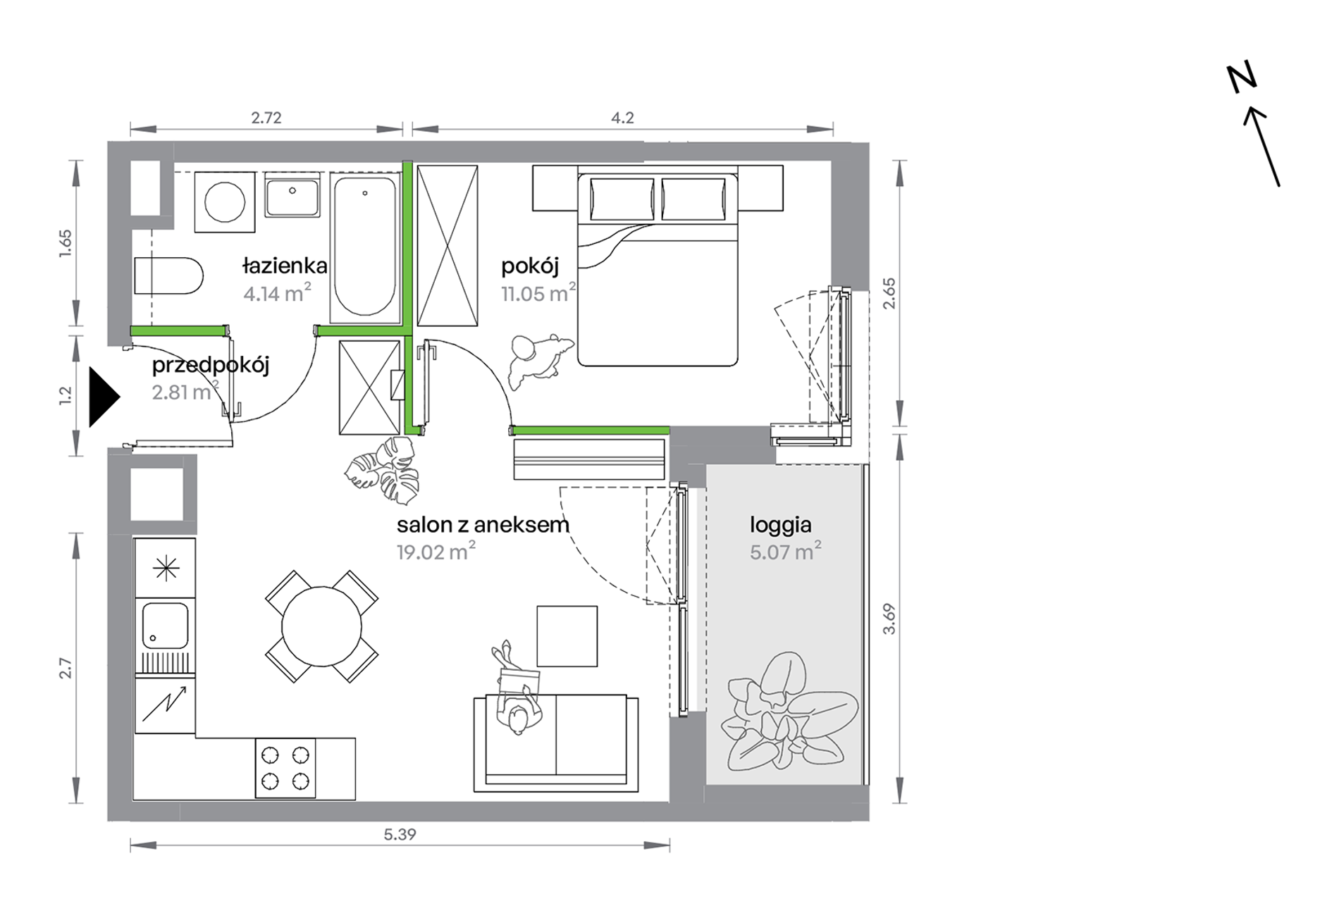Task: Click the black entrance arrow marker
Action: tap(103, 397)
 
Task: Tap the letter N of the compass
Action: tap(1242, 78)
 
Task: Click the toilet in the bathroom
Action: tap(168, 275)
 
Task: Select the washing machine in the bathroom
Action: tap(225, 202)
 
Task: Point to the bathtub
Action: tap(364, 247)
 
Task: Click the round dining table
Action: tap(321, 626)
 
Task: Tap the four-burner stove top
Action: tap(285, 768)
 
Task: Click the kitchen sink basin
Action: tap(166, 626)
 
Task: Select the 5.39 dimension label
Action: tap(400, 835)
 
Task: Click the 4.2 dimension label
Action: tap(622, 118)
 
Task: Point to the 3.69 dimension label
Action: tap(889, 619)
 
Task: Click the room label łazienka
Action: tap(285, 266)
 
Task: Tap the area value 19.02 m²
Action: tap(436, 552)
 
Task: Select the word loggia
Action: tap(780, 526)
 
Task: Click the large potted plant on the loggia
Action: tap(789, 712)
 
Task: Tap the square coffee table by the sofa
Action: tap(567, 636)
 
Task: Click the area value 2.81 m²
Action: tap(185, 391)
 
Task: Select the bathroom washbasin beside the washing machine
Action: tap(292, 197)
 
